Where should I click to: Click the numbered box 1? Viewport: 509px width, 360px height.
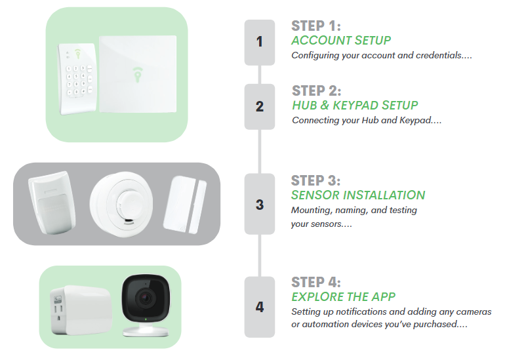[259, 43]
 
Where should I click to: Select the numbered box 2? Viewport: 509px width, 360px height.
[259, 107]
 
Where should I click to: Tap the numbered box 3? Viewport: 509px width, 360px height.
[259, 204]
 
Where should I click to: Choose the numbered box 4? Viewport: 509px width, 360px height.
[259, 307]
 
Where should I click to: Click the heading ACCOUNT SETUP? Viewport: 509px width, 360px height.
[341, 41]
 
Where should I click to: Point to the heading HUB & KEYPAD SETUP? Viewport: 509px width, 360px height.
[355, 106]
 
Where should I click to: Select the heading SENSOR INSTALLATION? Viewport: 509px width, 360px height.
[358, 195]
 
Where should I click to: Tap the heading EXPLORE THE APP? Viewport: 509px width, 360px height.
[343, 296]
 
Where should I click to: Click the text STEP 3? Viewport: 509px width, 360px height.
[316, 180]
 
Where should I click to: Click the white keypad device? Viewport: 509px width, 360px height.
[77, 79]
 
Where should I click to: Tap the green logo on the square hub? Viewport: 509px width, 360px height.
[138, 75]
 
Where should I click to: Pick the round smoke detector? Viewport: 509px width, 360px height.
[121, 204]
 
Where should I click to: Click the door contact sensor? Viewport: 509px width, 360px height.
[185, 205]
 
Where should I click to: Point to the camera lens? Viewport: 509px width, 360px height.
[145, 297]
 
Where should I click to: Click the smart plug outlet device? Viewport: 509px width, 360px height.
[81, 310]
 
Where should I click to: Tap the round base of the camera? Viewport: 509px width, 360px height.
[146, 330]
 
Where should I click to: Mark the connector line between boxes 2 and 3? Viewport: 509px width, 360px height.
[260, 151]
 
